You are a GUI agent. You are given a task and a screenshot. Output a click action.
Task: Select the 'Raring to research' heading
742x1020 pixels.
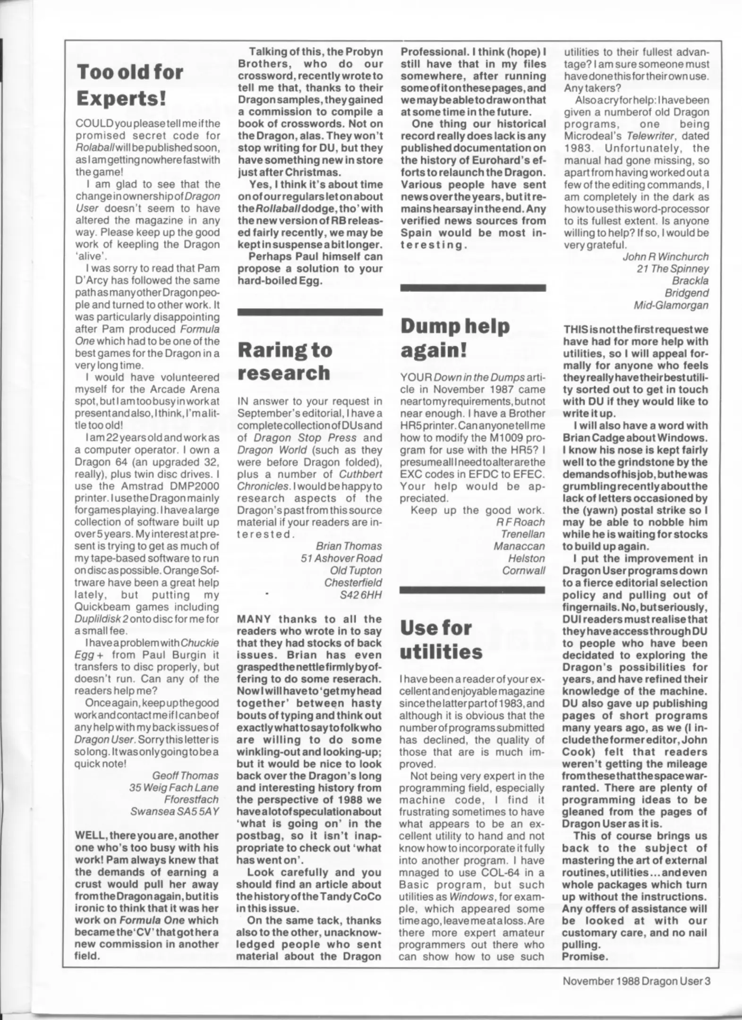coord(284,361)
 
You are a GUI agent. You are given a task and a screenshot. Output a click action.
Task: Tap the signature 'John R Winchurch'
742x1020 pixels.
coord(665,257)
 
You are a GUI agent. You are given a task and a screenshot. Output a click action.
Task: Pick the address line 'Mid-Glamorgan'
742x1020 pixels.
coord(671,305)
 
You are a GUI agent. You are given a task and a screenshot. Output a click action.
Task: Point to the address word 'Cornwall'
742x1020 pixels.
coord(523,570)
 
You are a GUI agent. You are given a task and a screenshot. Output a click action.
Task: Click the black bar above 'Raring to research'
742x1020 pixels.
coord(310,312)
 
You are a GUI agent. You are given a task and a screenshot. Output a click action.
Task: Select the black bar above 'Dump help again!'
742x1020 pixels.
coord(473,288)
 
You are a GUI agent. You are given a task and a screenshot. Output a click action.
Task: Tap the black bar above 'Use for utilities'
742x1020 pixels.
coord(472,590)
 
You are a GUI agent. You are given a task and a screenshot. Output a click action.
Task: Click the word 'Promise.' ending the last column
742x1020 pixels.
coord(583,957)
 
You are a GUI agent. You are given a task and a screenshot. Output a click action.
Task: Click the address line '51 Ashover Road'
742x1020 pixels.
coord(341,558)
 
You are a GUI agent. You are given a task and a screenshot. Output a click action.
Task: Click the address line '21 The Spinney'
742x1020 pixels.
coord(672,269)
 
